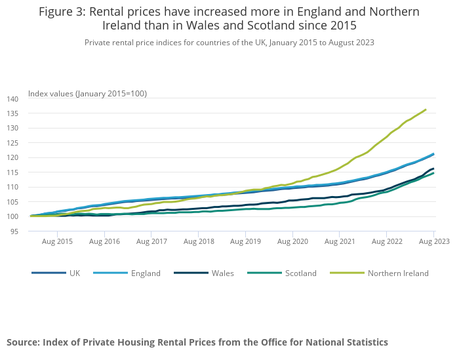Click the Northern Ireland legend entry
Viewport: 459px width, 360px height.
tap(398, 273)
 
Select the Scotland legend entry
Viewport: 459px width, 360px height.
tap(300, 273)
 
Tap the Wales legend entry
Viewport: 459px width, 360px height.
tap(222, 273)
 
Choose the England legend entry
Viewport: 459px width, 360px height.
tap(146, 273)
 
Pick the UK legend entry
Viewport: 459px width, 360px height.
tap(74, 273)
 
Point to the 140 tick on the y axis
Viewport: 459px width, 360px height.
tap(13, 98)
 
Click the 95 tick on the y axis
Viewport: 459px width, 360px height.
tap(15, 231)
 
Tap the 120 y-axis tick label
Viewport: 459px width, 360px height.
tap(13, 157)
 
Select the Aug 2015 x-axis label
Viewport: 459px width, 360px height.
tap(57, 242)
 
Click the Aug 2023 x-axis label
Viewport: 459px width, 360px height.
tap(434, 242)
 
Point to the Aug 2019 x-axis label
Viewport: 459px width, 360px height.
tap(245, 242)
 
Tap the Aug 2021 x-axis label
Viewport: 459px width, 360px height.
tap(340, 242)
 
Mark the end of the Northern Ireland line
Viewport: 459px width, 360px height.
tap(426, 110)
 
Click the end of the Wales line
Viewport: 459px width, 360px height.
tap(433, 169)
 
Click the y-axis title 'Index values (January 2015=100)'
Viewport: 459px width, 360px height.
tap(87, 94)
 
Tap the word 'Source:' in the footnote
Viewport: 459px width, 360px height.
tap(23, 342)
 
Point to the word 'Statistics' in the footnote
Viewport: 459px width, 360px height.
tap(364, 342)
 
